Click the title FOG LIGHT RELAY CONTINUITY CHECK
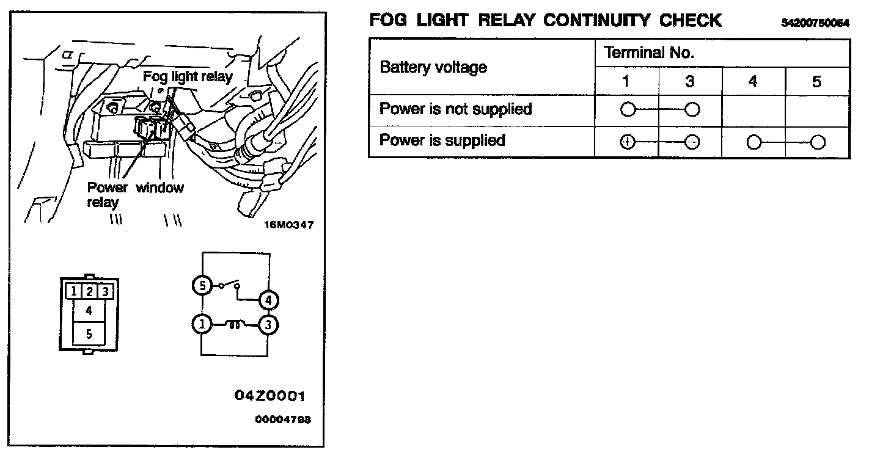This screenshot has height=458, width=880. pyautogui.click(x=545, y=20)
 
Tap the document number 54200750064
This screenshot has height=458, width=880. pyautogui.click(x=815, y=23)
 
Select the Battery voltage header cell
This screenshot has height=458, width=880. pyautogui.click(x=433, y=67)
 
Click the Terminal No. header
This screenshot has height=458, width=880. pyautogui.click(x=649, y=53)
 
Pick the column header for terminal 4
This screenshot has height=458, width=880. pyautogui.click(x=753, y=81)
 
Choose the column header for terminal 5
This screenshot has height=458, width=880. pyautogui.click(x=816, y=81)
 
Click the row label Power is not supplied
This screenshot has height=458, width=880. pyautogui.click(x=455, y=109)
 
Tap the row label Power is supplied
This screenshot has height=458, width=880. pyautogui.click(x=442, y=140)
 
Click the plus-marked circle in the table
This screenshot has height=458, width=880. pyautogui.click(x=628, y=142)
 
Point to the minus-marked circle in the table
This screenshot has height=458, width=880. pyautogui.click(x=692, y=142)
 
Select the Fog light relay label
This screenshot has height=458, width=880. pyautogui.click(x=188, y=76)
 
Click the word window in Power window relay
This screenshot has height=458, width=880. pyautogui.click(x=159, y=187)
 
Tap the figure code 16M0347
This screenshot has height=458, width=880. pyautogui.click(x=288, y=225)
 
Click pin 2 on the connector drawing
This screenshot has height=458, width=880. pyautogui.click(x=89, y=291)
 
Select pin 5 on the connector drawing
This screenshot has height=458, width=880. pyautogui.click(x=89, y=333)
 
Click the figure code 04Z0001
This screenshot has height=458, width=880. pyautogui.click(x=269, y=396)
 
